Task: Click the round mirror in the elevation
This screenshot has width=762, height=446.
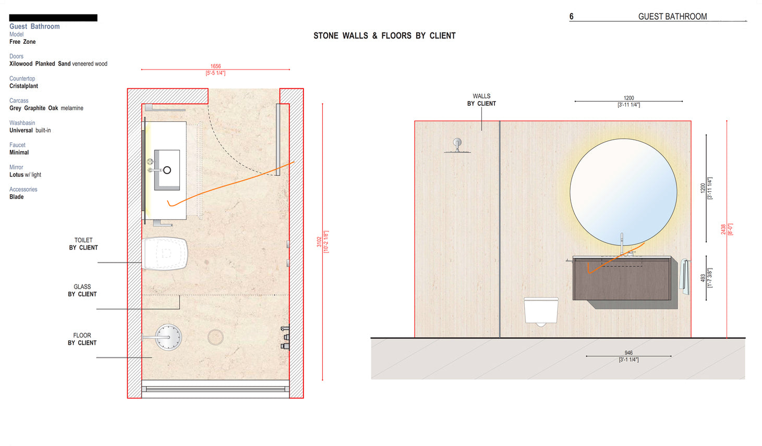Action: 623,192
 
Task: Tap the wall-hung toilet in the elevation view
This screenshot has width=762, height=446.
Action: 541,311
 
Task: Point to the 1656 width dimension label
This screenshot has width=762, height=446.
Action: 215,67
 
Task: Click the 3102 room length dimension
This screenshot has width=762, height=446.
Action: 319,242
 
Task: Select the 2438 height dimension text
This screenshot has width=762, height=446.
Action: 723,229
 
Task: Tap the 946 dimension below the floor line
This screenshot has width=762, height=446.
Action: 628,353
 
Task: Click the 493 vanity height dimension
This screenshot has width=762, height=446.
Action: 703,278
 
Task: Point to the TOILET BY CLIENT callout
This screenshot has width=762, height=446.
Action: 83,244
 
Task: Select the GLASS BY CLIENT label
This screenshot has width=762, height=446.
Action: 82,291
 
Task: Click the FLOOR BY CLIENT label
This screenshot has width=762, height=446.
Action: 82,339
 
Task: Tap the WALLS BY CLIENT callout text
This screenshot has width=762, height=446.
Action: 481,100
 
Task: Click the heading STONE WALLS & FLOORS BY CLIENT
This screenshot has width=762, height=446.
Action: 384,36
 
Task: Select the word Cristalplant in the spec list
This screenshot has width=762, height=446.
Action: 23,86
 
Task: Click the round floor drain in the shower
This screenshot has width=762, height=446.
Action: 215,337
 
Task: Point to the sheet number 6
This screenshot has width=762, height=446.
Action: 571,17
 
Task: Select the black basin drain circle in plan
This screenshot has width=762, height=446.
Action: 167,170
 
